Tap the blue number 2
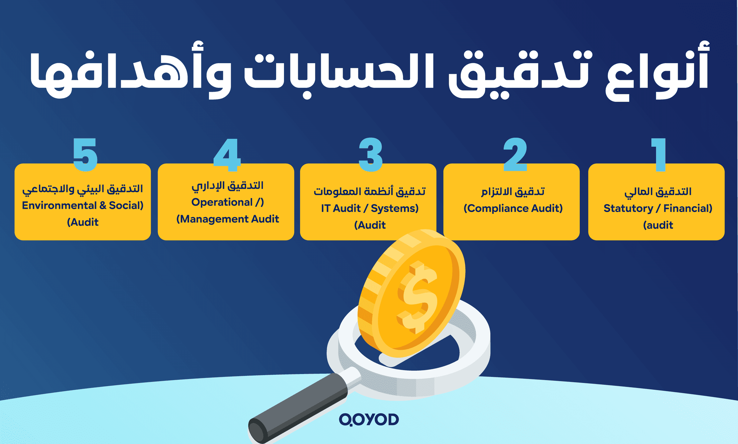click(x=515, y=155)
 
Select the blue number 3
click(x=370, y=155)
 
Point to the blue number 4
click(x=227, y=155)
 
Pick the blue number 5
click(x=85, y=155)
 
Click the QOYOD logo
click(x=369, y=420)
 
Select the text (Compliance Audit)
click(x=513, y=208)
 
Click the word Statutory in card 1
click(x=628, y=208)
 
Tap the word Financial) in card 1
click(x=688, y=208)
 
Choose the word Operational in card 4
click(x=222, y=202)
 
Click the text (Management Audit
click(x=228, y=219)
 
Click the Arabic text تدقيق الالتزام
click(x=513, y=192)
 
